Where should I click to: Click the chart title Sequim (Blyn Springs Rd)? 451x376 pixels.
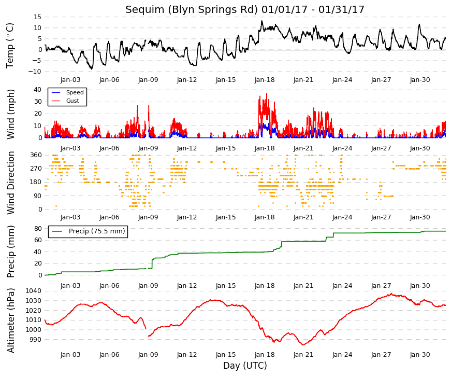coord(191,10)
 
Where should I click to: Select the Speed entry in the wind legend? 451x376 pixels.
coord(75,92)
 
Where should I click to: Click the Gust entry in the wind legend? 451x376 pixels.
coord(72,101)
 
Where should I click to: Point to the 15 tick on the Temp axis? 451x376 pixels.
coord(37,17)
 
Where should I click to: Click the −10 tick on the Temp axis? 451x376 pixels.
coord(35,72)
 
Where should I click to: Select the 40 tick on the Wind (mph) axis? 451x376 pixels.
coord(37,89)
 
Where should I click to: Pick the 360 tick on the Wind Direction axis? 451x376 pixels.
coord(36,155)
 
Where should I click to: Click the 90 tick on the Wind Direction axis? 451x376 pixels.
coord(38,196)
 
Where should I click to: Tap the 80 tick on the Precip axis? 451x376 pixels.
coord(38,229)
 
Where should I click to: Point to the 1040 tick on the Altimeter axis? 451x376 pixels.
coord(33,291)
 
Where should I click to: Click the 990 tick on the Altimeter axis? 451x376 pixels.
coord(35,339)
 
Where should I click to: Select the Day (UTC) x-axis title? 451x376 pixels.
coord(245,366)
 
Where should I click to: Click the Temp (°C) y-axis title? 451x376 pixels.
coord(10,46)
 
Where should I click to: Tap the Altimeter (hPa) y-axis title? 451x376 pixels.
coord(11,320)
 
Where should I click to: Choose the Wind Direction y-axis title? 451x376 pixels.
coord(11,183)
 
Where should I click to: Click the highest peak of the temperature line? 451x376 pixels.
coord(261,21)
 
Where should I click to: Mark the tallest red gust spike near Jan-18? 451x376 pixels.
coord(267,94)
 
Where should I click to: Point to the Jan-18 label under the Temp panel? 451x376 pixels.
coord(265,80)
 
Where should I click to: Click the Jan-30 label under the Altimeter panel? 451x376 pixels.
coord(420,355)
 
